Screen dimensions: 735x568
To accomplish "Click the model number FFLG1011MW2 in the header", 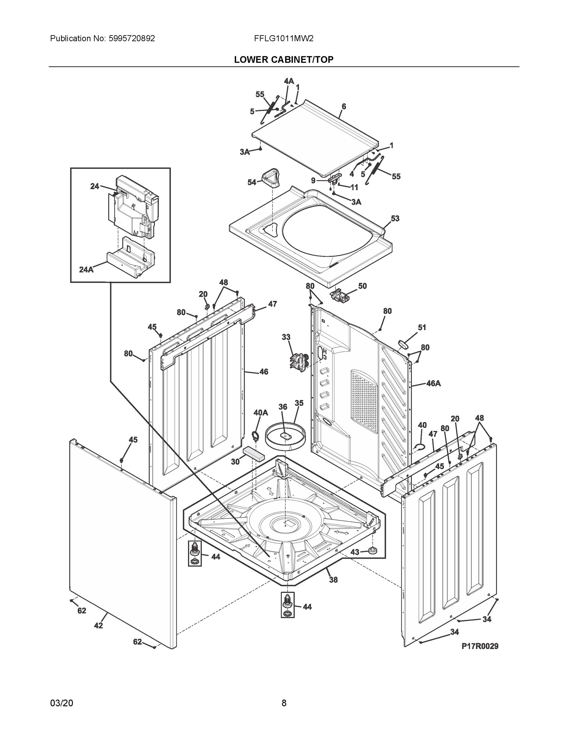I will (x=284, y=38).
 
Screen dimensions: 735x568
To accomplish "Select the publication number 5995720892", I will (x=132, y=38).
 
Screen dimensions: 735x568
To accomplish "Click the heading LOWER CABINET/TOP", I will (x=284, y=60).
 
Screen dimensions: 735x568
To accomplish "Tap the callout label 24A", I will (x=86, y=269).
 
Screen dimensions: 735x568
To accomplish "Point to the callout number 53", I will (x=395, y=218).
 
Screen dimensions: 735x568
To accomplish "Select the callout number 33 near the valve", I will (x=286, y=337).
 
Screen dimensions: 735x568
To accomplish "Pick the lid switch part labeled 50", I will (x=339, y=296).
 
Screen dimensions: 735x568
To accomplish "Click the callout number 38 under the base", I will (x=333, y=579).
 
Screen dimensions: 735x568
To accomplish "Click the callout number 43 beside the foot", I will (x=355, y=552).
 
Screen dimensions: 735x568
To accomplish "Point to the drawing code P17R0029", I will (x=480, y=646).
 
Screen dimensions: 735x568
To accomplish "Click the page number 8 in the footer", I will (x=284, y=703).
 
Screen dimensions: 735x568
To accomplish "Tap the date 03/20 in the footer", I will (x=62, y=703).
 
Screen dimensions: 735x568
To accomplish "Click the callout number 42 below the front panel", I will (x=98, y=625).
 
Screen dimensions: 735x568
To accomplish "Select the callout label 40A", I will (x=261, y=413).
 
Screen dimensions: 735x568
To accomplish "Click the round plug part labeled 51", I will (x=403, y=344).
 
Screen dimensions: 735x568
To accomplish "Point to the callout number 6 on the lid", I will (x=344, y=106).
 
